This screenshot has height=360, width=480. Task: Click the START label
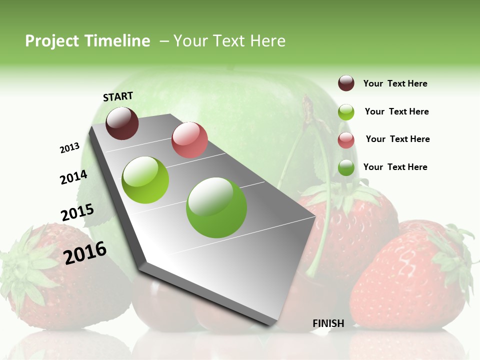click(118, 96)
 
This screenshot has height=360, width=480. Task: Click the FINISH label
click(328, 323)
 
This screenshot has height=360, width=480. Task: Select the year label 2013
click(69, 148)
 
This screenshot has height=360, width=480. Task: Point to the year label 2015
click(77, 212)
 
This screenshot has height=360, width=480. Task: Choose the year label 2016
click(85, 252)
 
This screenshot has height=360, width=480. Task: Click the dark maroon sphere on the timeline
click(122, 123)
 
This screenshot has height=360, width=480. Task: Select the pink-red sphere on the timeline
click(189, 139)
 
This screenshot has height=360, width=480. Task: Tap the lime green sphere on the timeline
click(145, 180)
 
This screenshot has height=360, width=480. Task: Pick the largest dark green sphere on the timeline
click(216, 207)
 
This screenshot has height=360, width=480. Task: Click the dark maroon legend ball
click(346, 83)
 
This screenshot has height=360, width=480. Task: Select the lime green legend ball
click(346, 112)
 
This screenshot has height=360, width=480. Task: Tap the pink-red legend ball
click(346, 140)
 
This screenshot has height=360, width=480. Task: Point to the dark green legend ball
click(346, 167)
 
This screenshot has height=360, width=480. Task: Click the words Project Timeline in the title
click(87, 41)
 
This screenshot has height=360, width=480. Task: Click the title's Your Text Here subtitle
click(229, 41)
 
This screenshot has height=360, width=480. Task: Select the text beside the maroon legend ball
click(395, 83)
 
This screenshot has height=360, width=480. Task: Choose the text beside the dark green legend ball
click(395, 167)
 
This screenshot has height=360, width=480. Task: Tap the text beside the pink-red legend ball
click(397, 139)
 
